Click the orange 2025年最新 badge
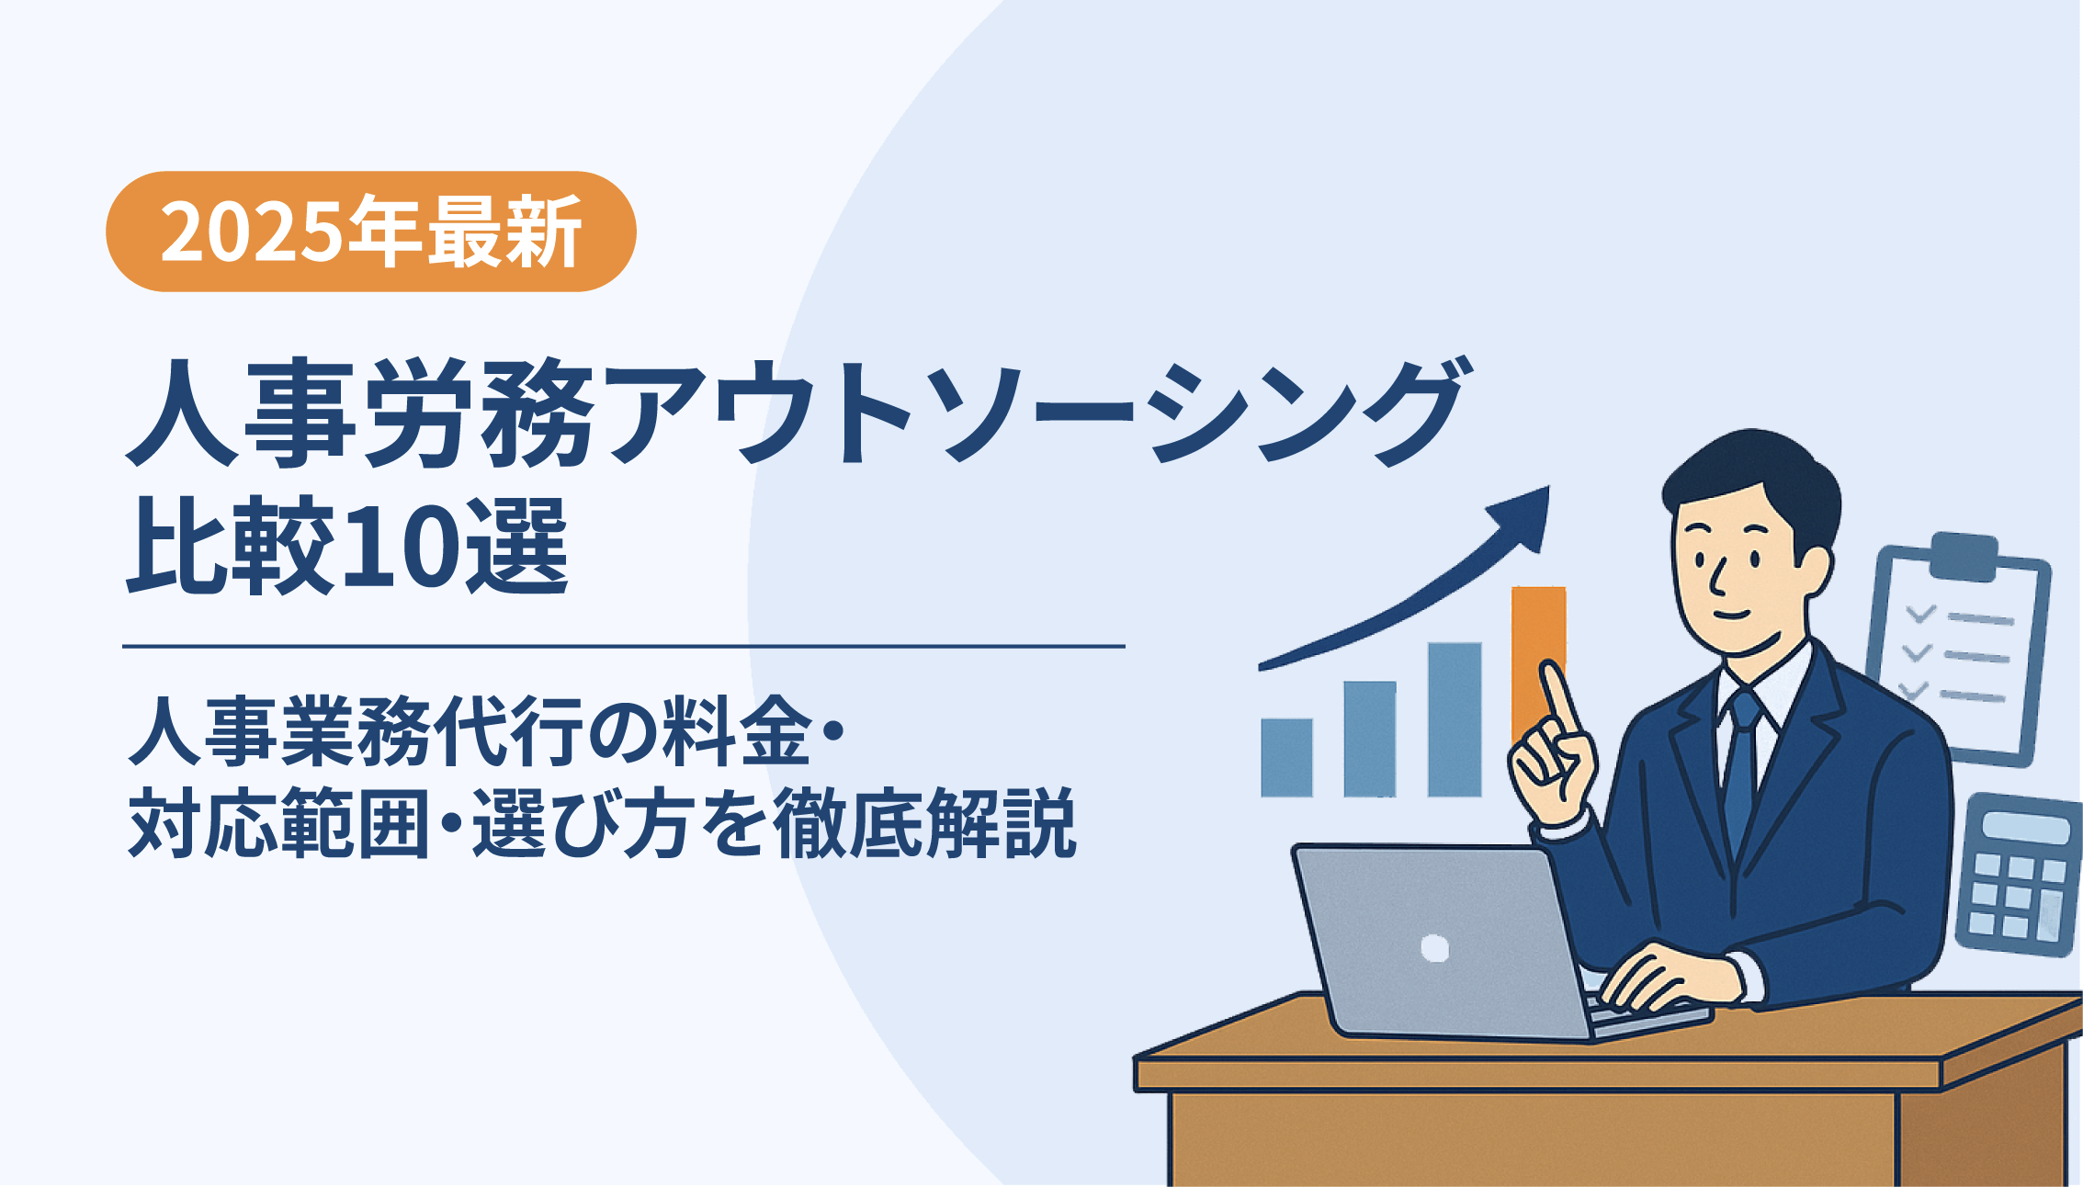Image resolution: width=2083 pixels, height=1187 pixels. click(371, 232)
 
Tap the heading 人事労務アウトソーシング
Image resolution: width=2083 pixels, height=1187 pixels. click(798, 411)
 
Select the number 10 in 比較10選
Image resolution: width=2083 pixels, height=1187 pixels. click(401, 547)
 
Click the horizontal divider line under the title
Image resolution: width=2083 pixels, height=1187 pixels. click(624, 647)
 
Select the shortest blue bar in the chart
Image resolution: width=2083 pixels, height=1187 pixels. click(1286, 757)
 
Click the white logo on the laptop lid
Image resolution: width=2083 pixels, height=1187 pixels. click(1434, 947)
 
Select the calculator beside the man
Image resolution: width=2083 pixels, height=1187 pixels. click(2020, 874)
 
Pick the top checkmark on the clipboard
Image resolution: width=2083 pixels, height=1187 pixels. click(1919, 613)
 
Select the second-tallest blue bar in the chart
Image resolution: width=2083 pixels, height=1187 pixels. click(1370, 739)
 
